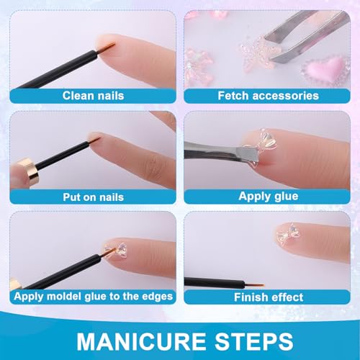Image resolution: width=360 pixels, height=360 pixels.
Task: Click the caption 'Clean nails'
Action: click(x=92, y=94)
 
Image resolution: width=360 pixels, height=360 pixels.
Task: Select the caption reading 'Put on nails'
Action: click(x=92, y=197)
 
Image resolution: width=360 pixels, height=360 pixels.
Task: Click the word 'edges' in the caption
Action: click(x=152, y=297)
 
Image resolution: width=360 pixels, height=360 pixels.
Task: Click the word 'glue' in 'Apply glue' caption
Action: click(x=282, y=195)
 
